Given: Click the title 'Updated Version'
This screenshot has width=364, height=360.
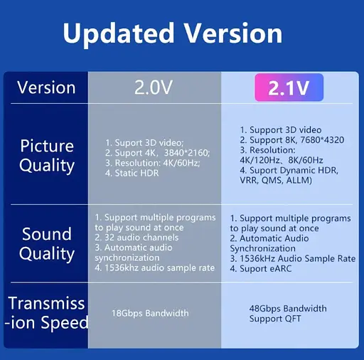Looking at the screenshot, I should pyautogui.click(x=173, y=33).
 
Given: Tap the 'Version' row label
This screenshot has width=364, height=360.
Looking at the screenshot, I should pyautogui.click(x=46, y=88).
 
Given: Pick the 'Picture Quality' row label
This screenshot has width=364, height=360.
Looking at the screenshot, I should pyautogui.click(x=47, y=156).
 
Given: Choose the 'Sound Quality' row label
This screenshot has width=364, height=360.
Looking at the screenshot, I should pyautogui.click(x=47, y=244).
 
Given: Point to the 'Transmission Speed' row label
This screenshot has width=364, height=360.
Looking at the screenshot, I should pyautogui.click(x=47, y=313).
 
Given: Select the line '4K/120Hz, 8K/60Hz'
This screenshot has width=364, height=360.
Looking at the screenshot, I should pyautogui.click(x=282, y=160).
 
